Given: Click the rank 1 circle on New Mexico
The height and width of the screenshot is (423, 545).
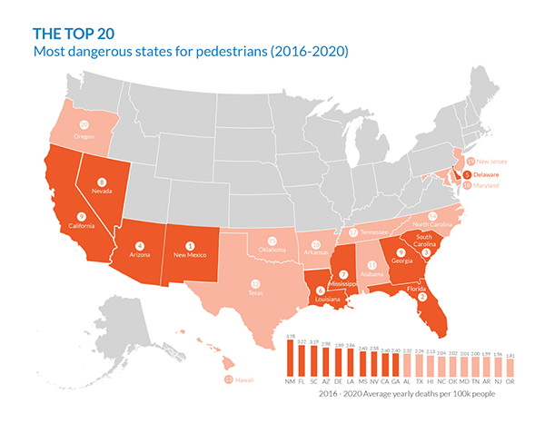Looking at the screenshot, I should [190, 244].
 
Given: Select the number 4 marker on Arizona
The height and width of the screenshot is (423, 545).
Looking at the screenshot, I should [140, 244].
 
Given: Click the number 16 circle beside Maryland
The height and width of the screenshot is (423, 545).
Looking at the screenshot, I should [467, 185].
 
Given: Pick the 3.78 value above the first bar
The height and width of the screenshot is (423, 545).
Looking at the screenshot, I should [291, 336].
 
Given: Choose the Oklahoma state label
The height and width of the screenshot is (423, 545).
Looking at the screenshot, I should [272, 250].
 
